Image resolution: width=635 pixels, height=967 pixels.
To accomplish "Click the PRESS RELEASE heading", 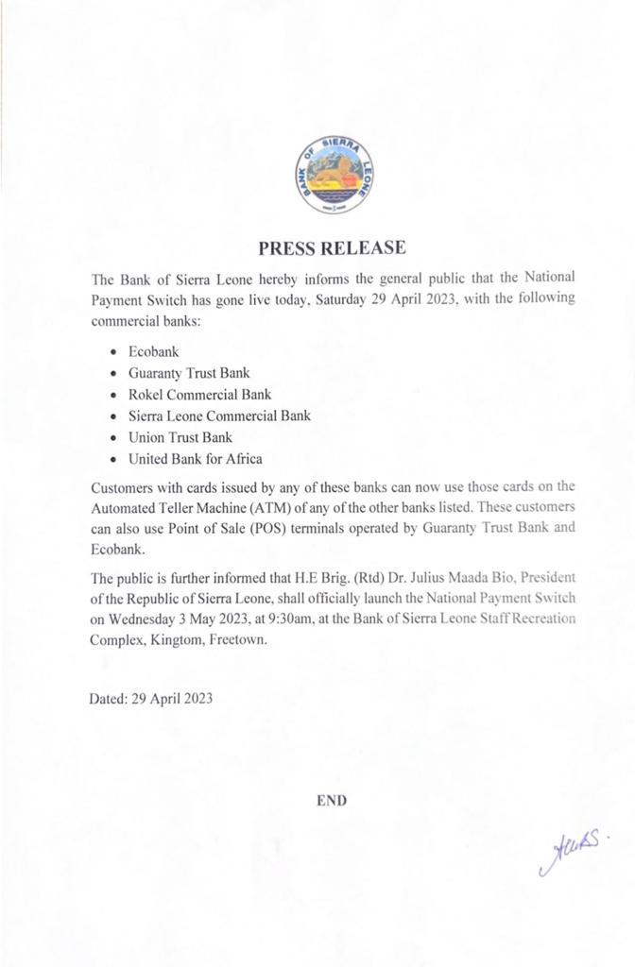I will coord(332,248).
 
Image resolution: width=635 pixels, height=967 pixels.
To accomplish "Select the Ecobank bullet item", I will coord(153,352).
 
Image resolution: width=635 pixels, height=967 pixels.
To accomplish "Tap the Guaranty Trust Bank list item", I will coord(189,374).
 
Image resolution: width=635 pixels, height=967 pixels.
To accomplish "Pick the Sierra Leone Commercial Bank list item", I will coord(219,416).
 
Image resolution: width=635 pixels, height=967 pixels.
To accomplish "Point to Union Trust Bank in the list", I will coord(180,437).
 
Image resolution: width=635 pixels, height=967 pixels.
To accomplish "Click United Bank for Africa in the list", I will coord(195,459).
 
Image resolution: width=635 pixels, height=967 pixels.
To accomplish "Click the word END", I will coord(332,800).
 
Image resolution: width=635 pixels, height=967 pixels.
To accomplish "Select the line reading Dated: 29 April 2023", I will coord(151,699).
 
